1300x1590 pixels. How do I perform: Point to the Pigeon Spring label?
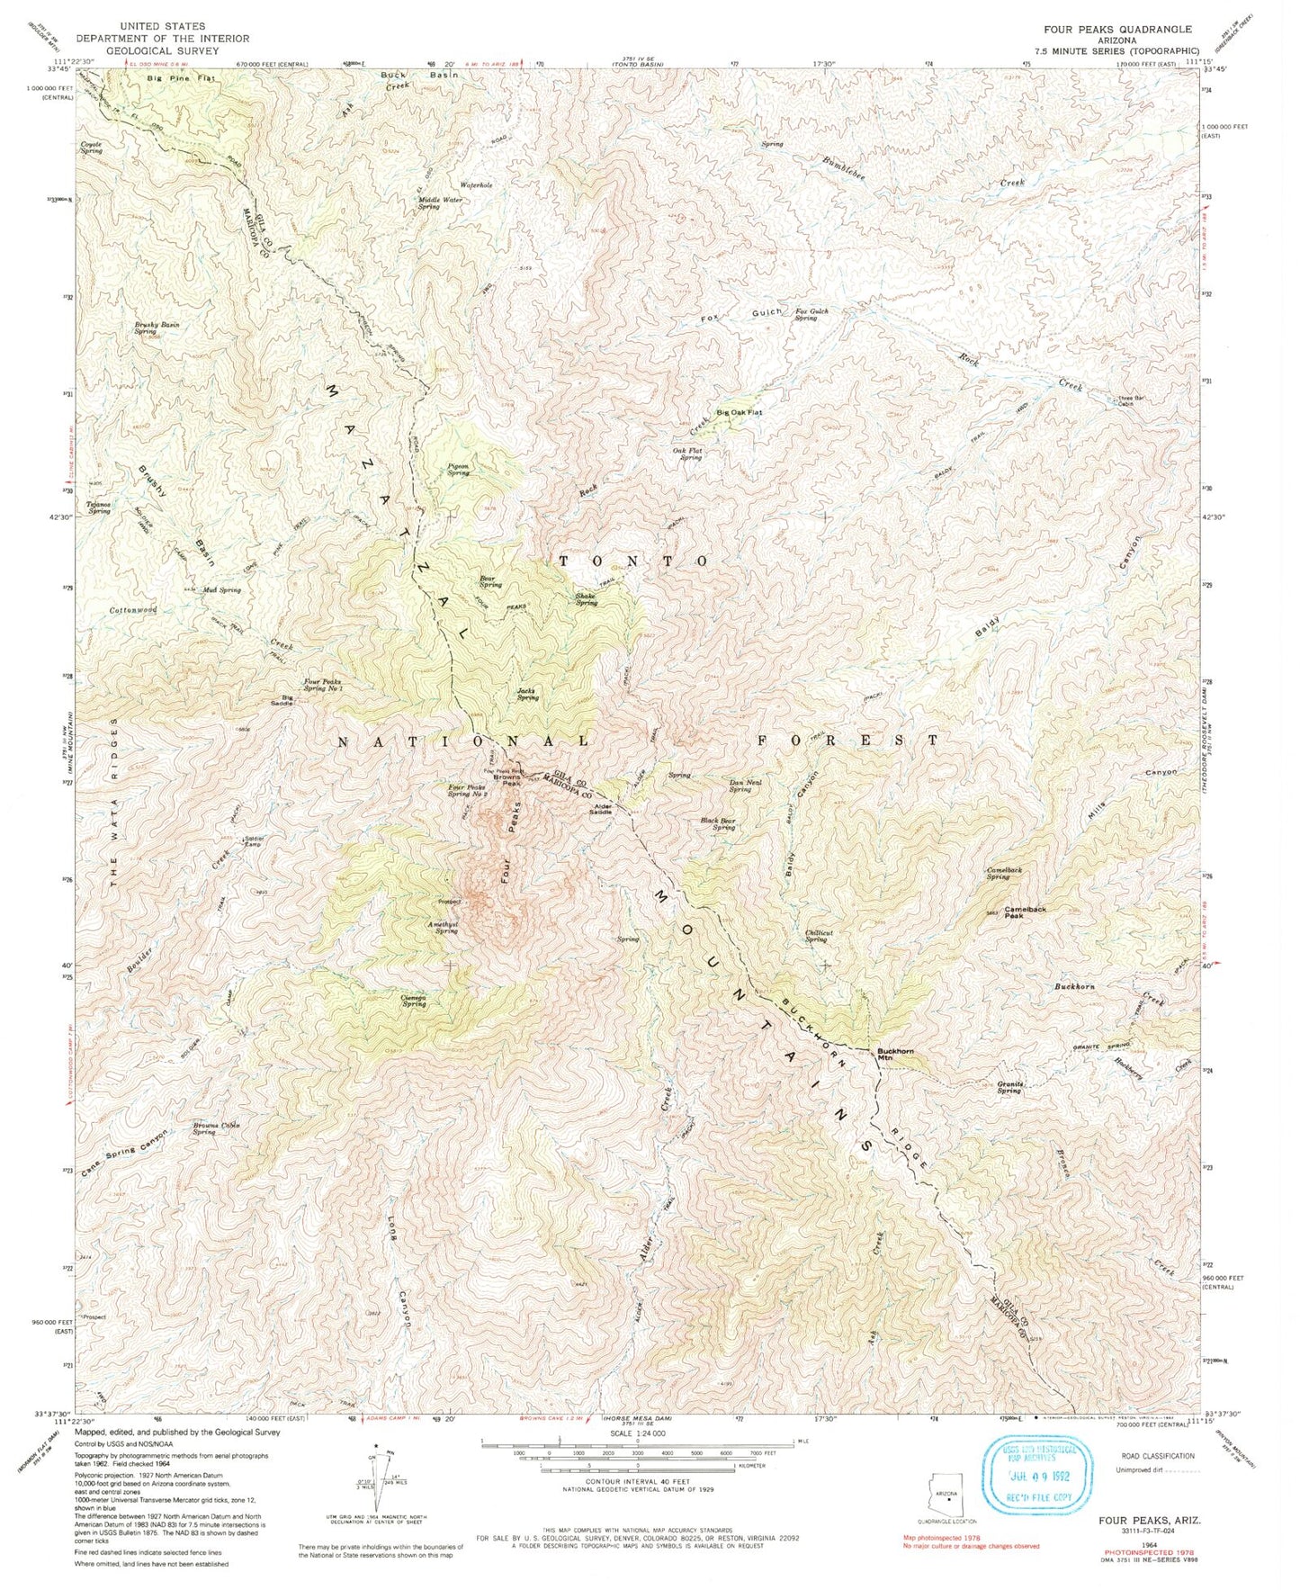pyautogui.click(x=459, y=469)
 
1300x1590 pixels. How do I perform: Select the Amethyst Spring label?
pyautogui.click(x=446, y=927)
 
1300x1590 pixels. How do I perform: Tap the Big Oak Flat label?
pyautogui.click(x=739, y=412)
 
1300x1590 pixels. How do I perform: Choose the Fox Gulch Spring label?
pyautogui.click(x=811, y=314)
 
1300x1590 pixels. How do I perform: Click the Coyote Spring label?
pyautogui.click(x=92, y=148)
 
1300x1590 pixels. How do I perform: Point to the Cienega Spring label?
pyautogui.click(x=413, y=1001)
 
